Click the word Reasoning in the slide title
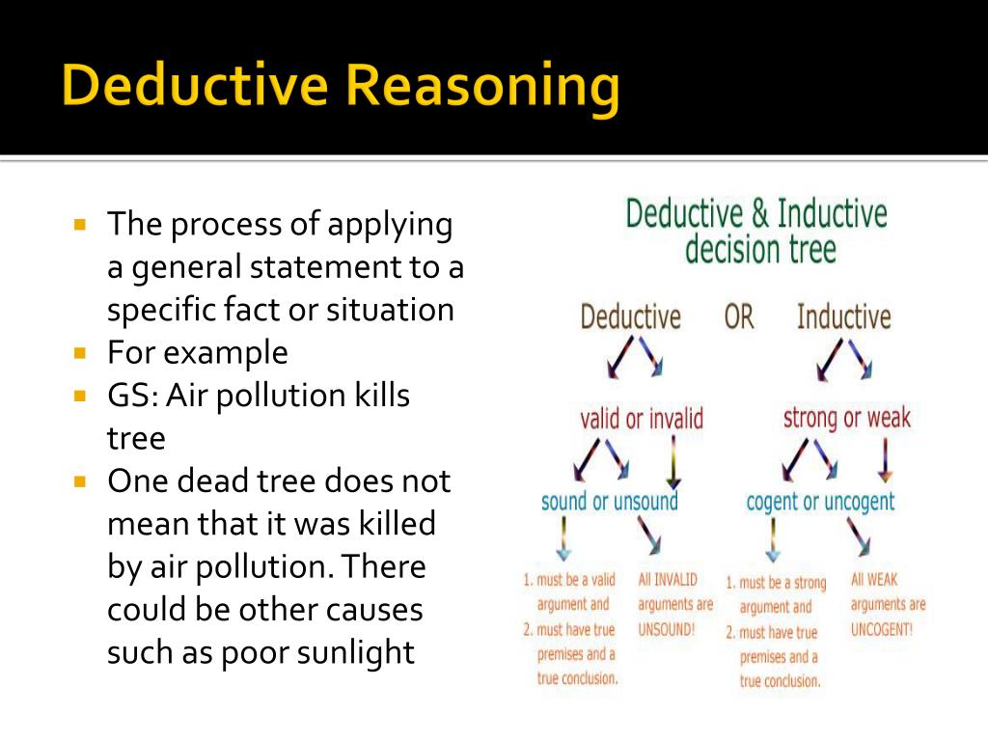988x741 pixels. point(482,86)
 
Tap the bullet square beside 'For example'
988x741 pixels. point(80,352)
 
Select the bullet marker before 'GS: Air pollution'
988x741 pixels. point(80,395)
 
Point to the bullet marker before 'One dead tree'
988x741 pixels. point(80,480)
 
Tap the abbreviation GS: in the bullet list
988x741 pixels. point(130,396)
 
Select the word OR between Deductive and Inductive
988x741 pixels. point(738,316)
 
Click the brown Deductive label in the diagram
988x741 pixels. point(630,316)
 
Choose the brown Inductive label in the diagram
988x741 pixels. point(843,316)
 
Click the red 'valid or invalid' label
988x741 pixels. point(641,419)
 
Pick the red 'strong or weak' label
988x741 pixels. point(846,418)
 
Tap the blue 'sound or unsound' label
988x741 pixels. point(609,502)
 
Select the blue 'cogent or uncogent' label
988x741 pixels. point(820,502)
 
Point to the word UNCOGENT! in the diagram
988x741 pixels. point(882,629)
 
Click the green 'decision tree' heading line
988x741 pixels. point(760,250)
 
